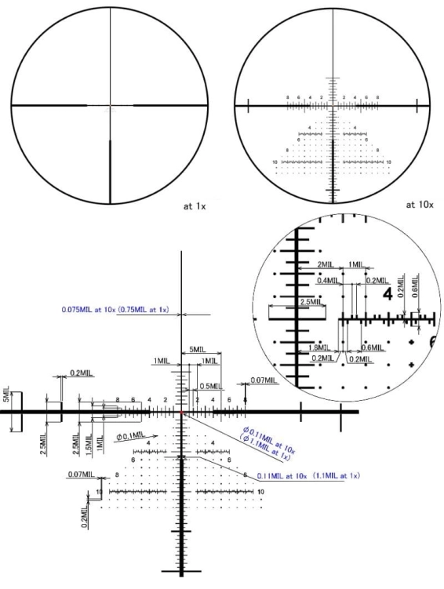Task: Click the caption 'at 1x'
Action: (192, 209)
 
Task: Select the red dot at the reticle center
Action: (182, 411)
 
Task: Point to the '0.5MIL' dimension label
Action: (209, 386)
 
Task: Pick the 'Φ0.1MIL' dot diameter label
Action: (130, 435)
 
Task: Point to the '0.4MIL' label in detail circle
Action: (329, 279)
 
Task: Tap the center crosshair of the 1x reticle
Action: (110, 104)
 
